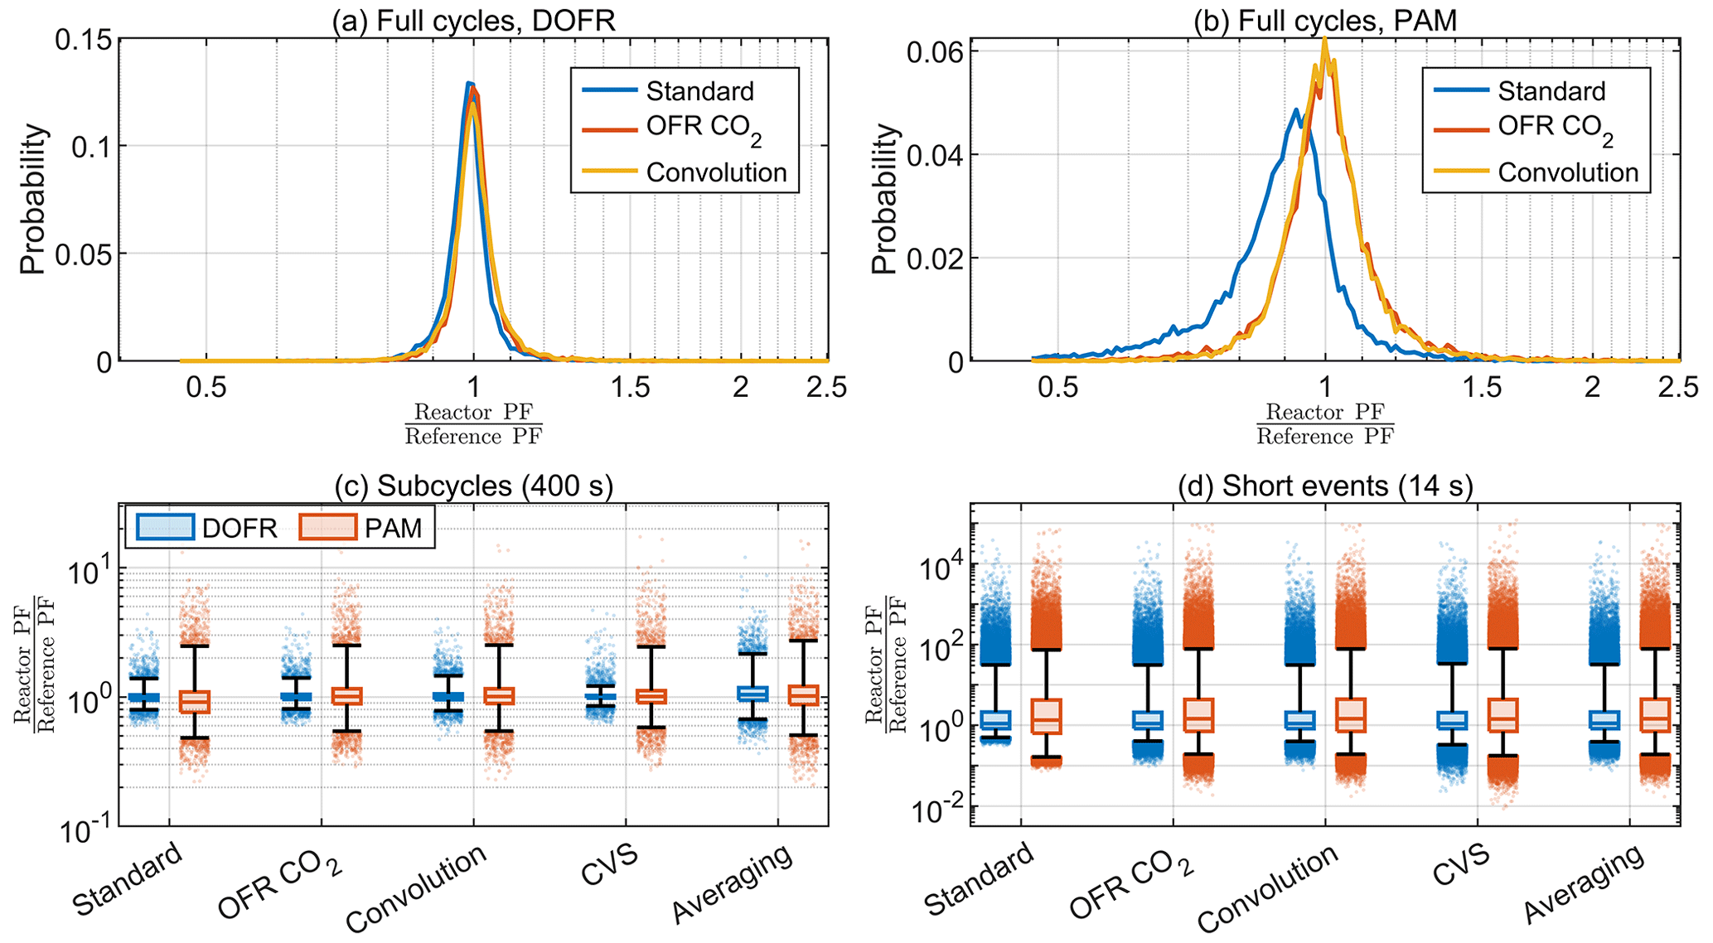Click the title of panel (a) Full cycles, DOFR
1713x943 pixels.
point(473,20)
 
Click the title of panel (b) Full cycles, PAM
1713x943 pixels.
point(1324,20)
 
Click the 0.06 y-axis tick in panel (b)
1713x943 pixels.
point(934,52)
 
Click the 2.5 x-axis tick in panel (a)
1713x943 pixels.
point(825,387)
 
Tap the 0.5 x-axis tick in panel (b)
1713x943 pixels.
point(1058,387)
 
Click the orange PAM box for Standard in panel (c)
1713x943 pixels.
point(195,701)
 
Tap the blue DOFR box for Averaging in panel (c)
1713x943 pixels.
point(752,693)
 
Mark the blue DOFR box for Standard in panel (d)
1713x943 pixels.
point(995,720)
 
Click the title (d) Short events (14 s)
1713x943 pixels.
point(1324,486)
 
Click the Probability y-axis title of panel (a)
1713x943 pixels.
point(33,199)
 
